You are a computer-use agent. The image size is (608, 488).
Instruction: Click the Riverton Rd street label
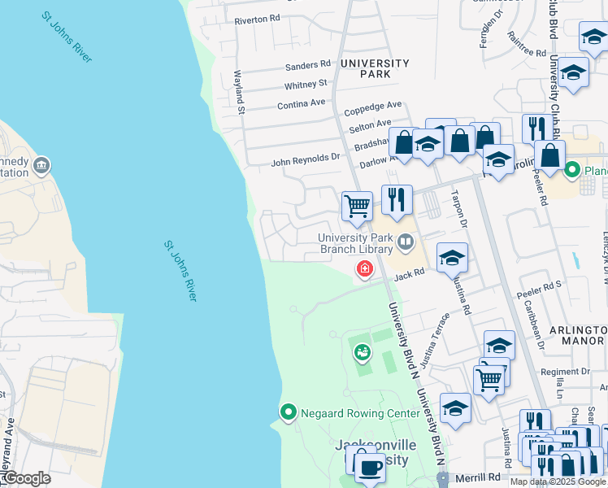tap(257, 18)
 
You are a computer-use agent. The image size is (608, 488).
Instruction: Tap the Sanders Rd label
tap(308, 64)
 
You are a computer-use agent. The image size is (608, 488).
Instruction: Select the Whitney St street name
tap(306, 84)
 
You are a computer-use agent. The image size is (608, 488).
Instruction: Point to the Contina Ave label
tap(301, 103)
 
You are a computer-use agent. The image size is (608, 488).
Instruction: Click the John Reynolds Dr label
tap(305, 161)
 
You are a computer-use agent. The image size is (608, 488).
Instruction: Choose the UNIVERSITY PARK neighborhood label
tap(375, 68)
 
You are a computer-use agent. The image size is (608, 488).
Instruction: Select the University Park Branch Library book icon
tap(405, 242)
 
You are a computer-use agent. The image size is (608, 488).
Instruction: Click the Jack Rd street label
tap(410, 276)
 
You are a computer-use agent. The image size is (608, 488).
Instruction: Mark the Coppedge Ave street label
tap(373, 107)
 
